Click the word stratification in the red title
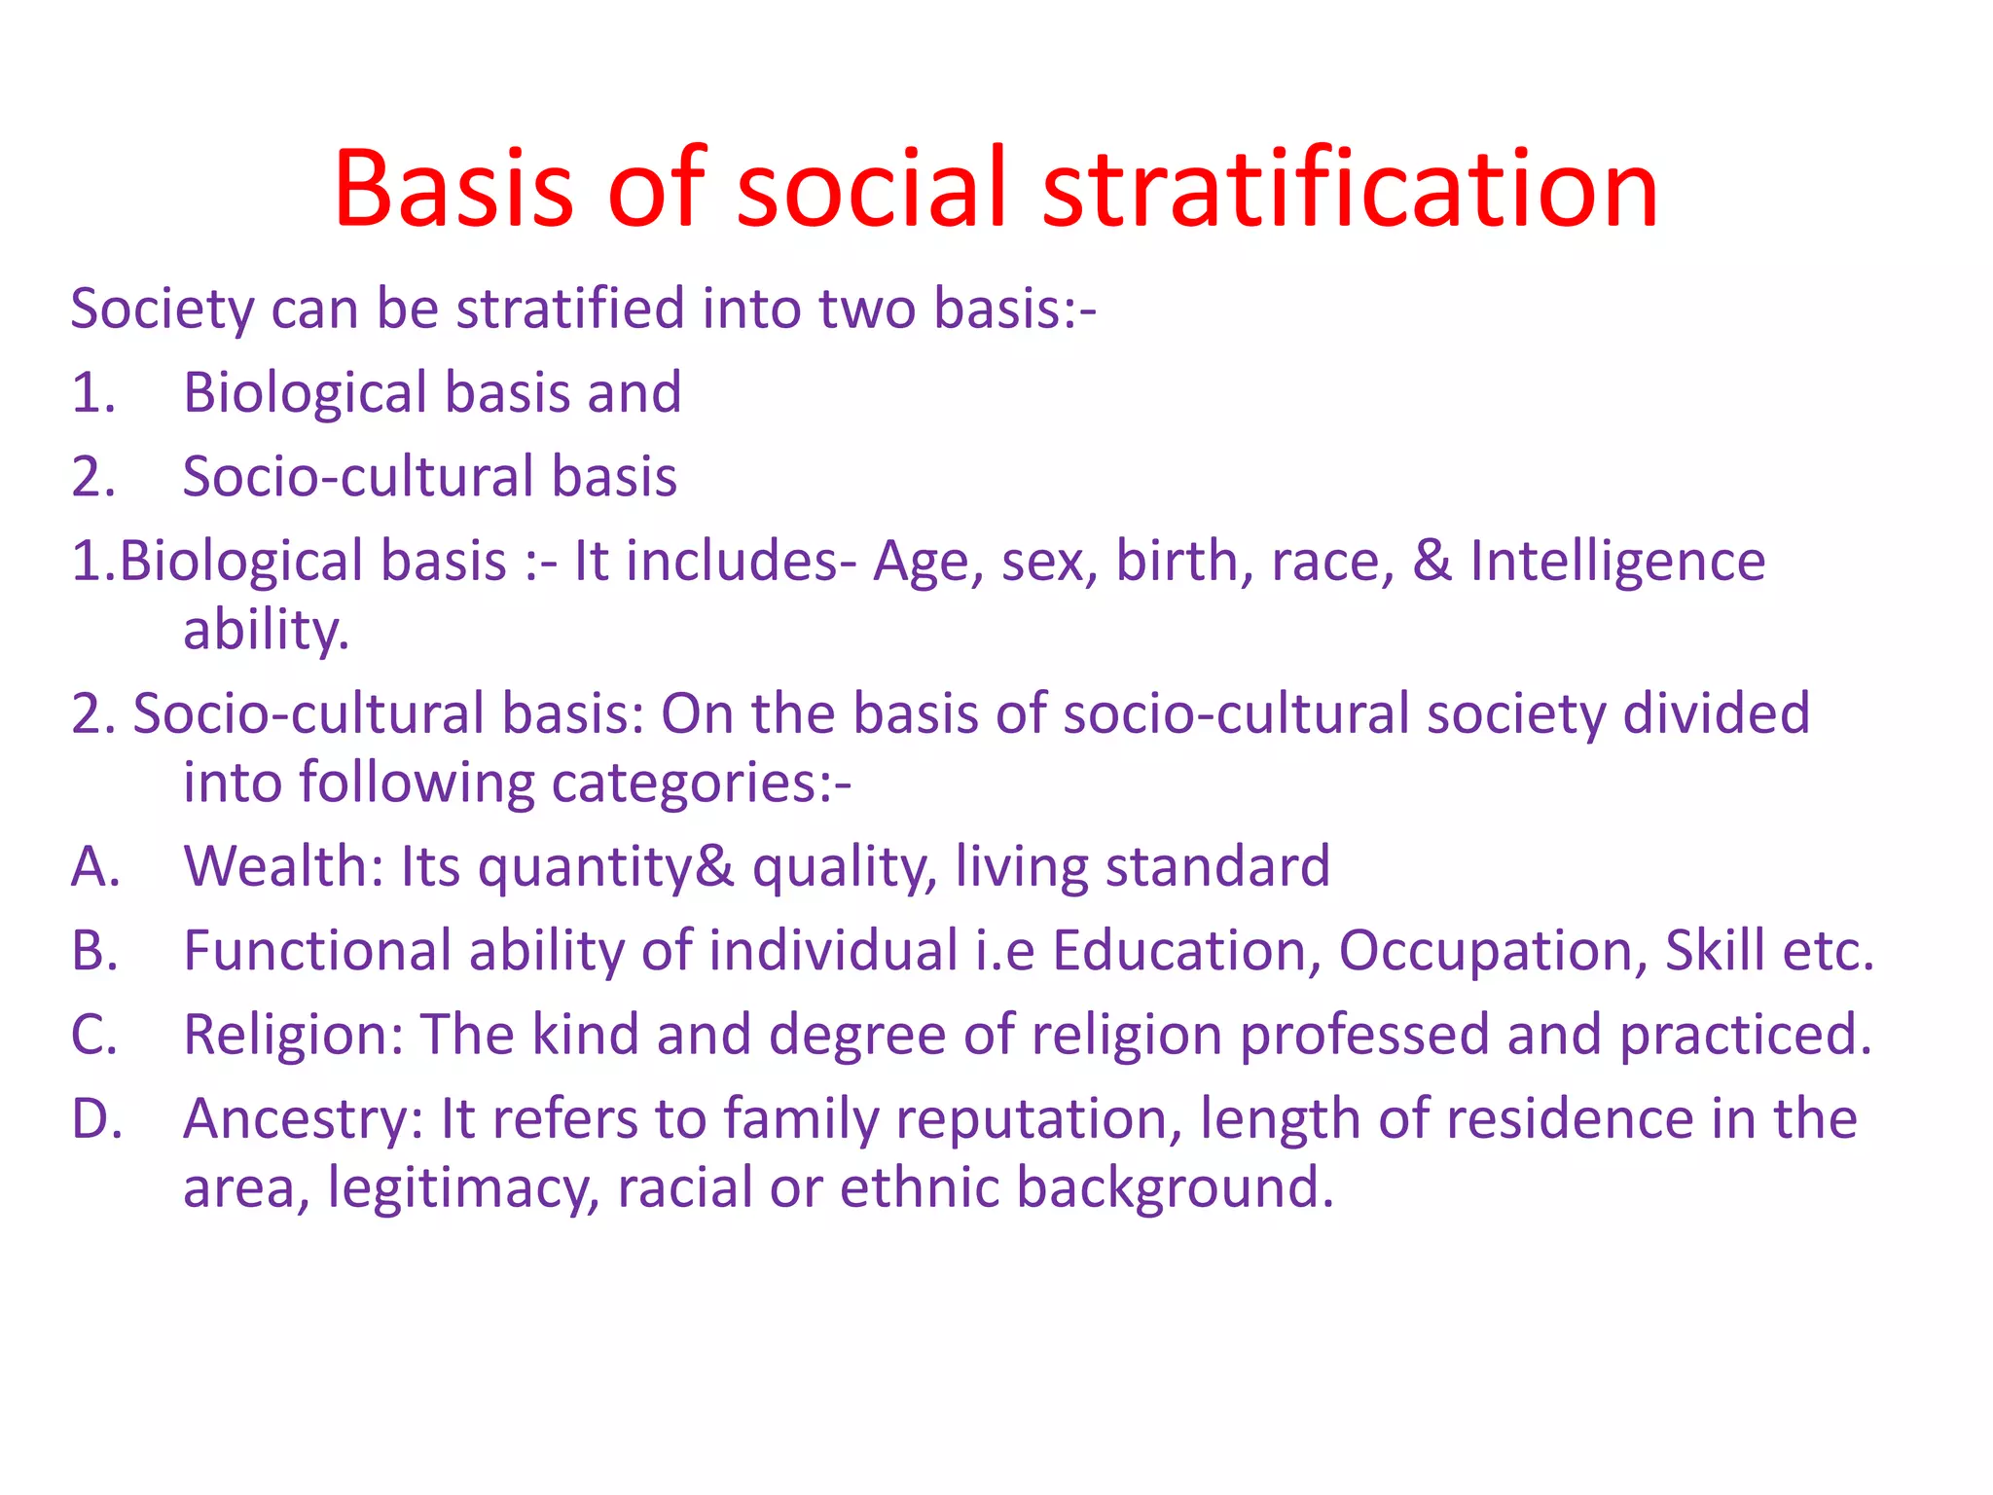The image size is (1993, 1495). [1350, 189]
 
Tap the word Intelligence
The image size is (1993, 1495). [1617, 562]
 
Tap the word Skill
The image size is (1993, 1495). [1715, 951]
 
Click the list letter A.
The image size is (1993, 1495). [94, 866]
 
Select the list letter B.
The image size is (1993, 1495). [94, 951]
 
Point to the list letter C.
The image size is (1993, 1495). [94, 1035]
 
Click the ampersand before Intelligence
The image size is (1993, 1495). [1431, 562]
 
